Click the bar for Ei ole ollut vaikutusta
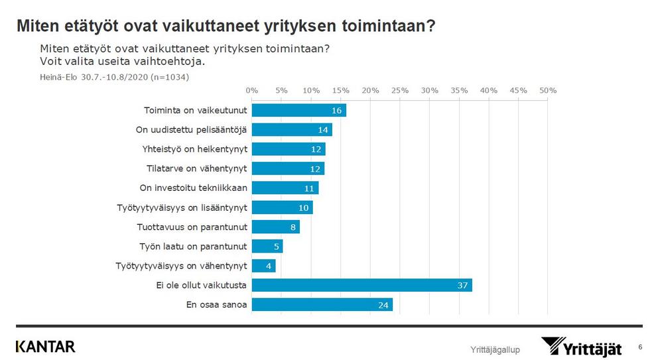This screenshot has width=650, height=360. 361,285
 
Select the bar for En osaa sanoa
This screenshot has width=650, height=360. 322,304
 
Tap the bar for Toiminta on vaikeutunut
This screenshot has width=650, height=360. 298,110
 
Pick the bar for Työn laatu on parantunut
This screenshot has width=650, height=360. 267,246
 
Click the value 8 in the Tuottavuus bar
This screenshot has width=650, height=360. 293,227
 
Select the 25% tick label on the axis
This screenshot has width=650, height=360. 400,90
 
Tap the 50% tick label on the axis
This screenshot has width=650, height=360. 548,90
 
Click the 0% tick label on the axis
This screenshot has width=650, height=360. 252,90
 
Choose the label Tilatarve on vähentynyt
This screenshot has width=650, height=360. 196,168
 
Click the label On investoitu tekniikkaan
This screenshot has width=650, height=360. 194,188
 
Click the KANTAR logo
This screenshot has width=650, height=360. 45,346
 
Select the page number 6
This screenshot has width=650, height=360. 640,346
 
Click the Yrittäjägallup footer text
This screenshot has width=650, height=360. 495,349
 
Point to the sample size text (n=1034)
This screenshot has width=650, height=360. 170,77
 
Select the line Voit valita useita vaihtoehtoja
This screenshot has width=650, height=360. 122,61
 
